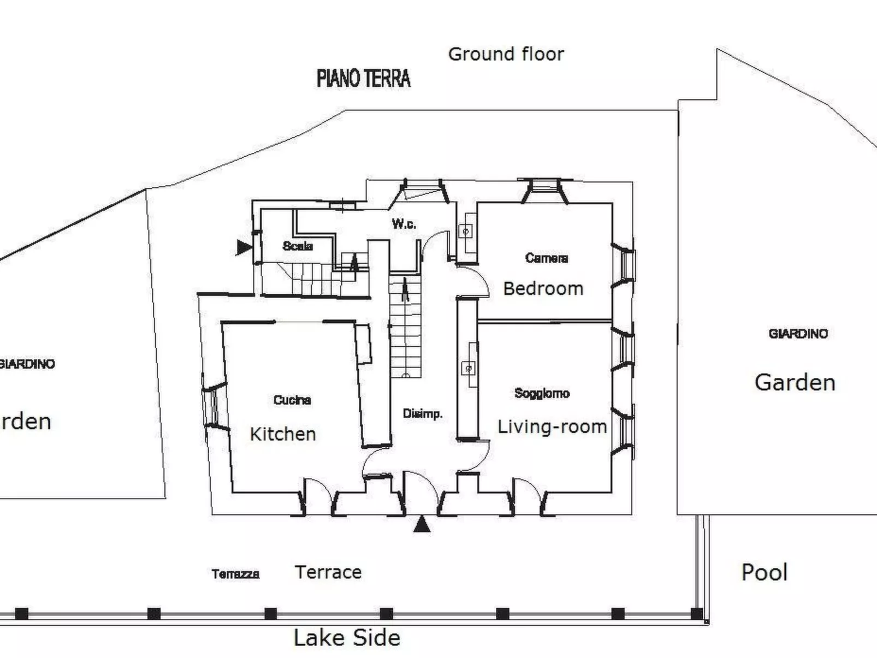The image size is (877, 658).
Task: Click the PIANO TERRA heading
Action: tap(364, 78)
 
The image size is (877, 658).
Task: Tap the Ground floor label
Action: tap(506, 54)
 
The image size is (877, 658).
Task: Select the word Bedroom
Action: tap(543, 288)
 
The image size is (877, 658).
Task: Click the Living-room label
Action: tap(552, 426)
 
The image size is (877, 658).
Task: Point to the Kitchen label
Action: tap(283, 434)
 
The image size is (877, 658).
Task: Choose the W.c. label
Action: tap(404, 224)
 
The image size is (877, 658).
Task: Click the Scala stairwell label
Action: tap(298, 246)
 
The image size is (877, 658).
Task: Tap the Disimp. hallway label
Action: tap(422, 414)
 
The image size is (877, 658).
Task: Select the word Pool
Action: tap(764, 572)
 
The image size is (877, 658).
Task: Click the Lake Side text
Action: tap(347, 638)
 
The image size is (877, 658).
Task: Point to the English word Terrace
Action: tap(328, 572)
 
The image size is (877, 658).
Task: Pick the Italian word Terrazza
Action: tap(235, 574)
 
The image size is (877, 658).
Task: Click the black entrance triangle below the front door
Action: tap(422, 525)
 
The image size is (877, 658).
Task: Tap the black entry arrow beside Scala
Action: tap(244, 247)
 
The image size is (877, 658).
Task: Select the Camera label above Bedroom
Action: tap(546, 258)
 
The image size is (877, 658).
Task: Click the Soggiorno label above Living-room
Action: tap(542, 393)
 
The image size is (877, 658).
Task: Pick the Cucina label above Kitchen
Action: tap(292, 400)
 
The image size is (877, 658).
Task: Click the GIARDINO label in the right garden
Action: tap(798, 334)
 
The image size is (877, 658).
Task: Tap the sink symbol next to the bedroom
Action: tap(466, 232)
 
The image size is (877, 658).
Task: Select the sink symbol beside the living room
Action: tap(469, 369)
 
